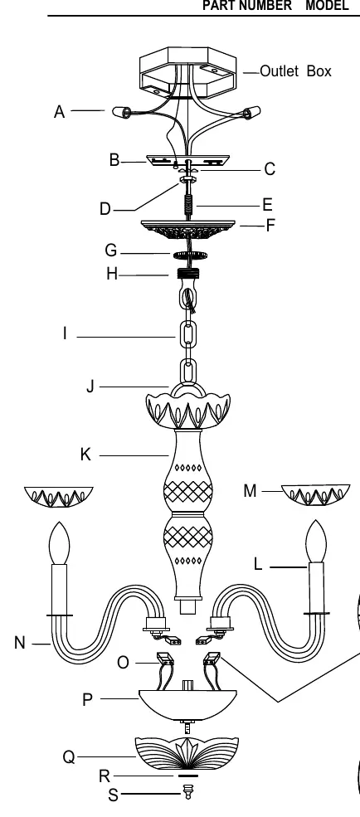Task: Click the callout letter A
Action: tap(60, 111)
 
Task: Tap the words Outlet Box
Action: tap(295, 71)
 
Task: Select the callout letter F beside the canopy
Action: tap(270, 226)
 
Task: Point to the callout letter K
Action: tap(86, 455)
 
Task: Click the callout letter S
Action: tap(113, 795)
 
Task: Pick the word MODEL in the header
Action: tap(327, 6)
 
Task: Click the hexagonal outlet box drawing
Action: tap(188, 72)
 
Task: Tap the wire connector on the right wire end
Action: tap(252, 111)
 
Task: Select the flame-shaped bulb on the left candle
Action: tap(60, 542)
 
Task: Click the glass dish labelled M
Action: tap(316, 494)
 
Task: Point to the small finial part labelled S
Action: tap(188, 793)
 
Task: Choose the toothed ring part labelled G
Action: tap(190, 255)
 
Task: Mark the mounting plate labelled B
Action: tap(188, 160)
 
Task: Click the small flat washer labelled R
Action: tap(188, 776)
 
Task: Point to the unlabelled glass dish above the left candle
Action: tap(59, 497)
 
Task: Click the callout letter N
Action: tap(20, 643)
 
